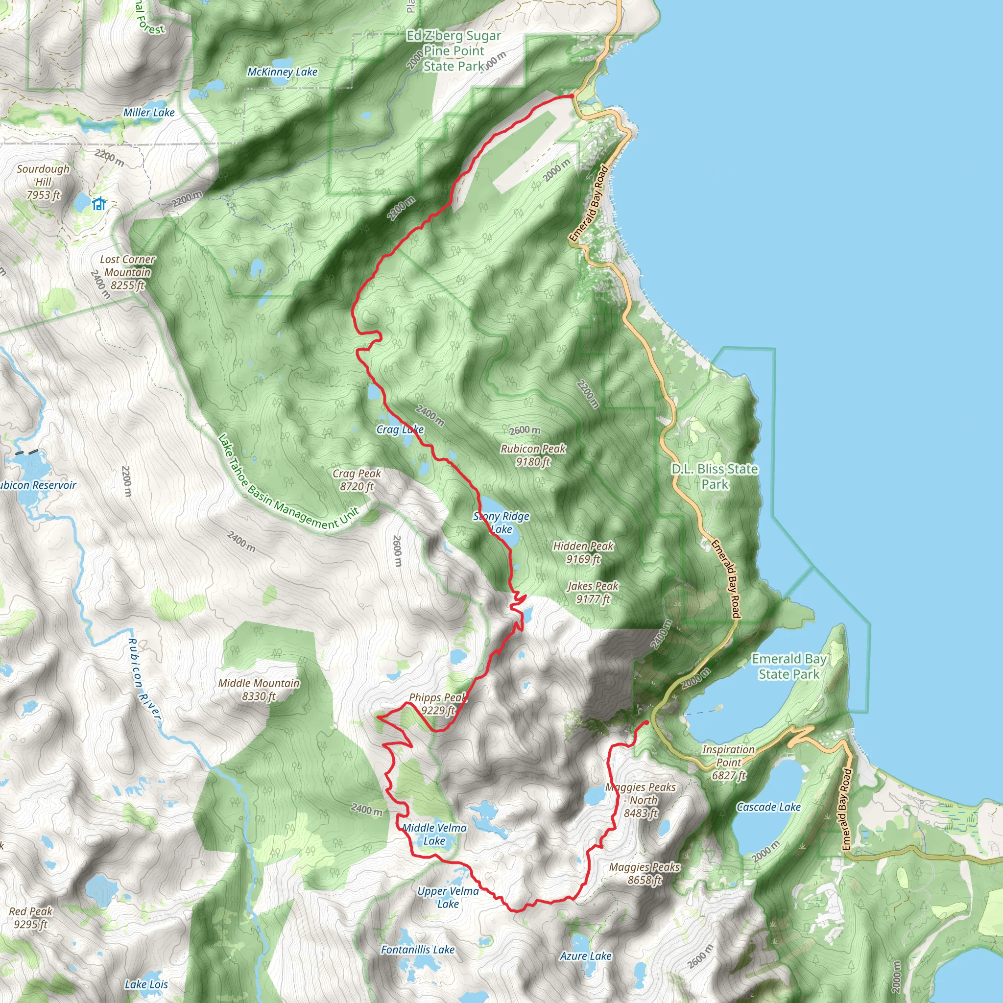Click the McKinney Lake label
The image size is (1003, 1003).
(282, 72)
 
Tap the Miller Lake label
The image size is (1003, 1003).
(148, 112)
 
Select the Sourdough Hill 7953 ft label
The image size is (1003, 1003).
(43, 182)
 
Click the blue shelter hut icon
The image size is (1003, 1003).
(98, 204)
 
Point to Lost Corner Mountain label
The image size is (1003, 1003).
(127, 272)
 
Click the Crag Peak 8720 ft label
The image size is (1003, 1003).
(357, 479)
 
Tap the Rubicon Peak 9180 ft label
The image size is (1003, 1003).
(533, 455)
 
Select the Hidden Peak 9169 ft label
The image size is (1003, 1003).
(583, 552)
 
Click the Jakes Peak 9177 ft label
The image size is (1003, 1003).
(593, 593)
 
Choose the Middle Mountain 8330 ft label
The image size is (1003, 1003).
(259, 690)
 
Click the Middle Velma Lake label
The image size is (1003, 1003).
(434, 834)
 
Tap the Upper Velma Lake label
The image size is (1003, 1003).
(448, 897)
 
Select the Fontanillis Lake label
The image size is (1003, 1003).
(417, 950)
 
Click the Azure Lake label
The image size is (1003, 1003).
(586, 956)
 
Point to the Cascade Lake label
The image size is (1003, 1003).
(768, 807)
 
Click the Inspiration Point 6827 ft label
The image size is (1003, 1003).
(728, 762)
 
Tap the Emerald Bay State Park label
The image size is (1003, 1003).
(788, 666)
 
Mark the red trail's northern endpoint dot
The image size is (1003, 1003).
(572, 96)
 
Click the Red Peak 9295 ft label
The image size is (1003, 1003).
(31, 917)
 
